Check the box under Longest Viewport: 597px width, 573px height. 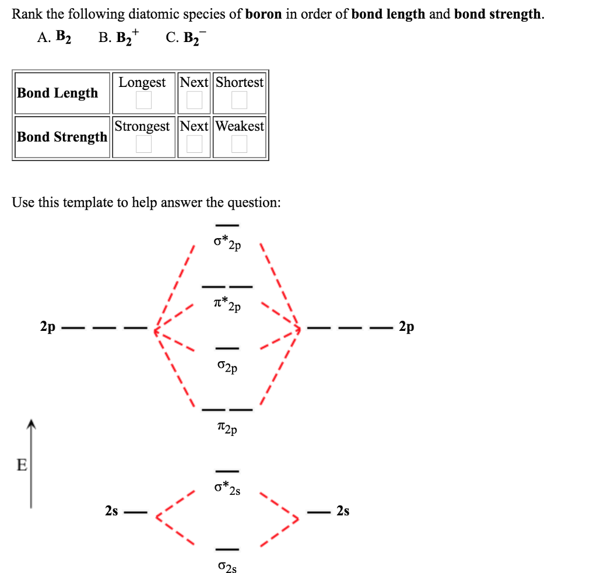pos(143,100)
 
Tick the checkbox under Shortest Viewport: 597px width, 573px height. pos(239,100)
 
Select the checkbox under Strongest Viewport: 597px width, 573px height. pos(143,144)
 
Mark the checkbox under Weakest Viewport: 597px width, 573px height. pos(239,144)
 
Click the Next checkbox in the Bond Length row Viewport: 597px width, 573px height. pos(194,100)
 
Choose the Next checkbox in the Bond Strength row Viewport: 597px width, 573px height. pos(194,144)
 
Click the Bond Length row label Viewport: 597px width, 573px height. pos(58,93)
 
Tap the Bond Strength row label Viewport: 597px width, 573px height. pos(62,137)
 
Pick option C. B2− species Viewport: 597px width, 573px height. pos(186,38)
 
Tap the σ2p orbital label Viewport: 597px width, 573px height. pos(227,367)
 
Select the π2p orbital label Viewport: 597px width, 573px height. pos(227,429)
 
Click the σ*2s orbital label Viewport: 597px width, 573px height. pos(227,488)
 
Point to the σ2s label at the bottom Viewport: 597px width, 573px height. pos(227,566)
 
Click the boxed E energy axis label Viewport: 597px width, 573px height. pos(22,465)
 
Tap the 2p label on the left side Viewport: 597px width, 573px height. pos(48,326)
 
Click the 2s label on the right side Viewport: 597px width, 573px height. pos(343,511)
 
